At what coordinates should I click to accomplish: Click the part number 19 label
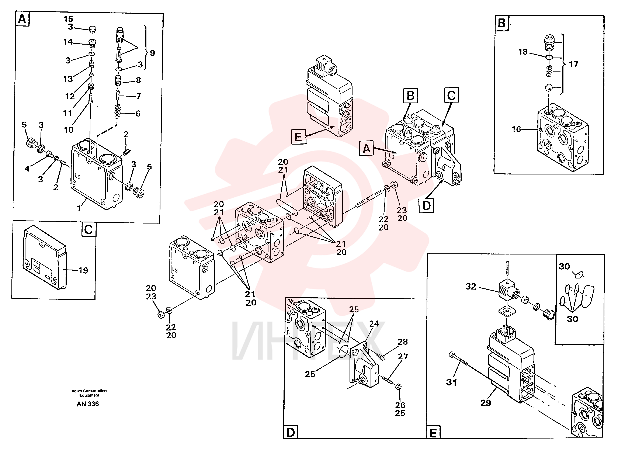83,270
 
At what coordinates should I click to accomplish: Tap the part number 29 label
486,403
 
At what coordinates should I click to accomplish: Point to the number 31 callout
451,382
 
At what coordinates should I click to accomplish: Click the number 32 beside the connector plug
471,287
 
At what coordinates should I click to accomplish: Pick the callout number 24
374,323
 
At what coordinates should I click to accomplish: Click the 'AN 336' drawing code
88,404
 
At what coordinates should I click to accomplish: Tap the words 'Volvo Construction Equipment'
89,393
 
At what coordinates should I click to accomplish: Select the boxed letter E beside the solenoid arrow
298,137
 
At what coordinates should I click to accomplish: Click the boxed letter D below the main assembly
426,206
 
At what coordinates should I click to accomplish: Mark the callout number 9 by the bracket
152,53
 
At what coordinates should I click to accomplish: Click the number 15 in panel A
68,19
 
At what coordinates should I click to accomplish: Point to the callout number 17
573,64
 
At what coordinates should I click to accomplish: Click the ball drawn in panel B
549,88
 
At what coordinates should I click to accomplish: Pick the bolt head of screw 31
451,355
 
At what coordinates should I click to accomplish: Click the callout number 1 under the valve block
79,209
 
